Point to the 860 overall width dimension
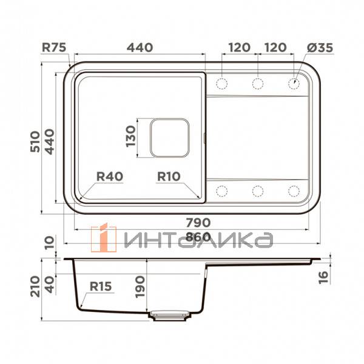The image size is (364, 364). click(x=190, y=238)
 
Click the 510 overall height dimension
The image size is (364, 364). click(x=35, y=141)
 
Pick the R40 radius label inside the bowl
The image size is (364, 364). click(x=110, y=176)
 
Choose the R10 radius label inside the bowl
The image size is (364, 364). click(x=169, y=176)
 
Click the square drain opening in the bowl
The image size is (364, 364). click(x=170, y=138)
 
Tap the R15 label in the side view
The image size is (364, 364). click(x=102, y=286)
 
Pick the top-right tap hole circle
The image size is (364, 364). click(x=294, y=83)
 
